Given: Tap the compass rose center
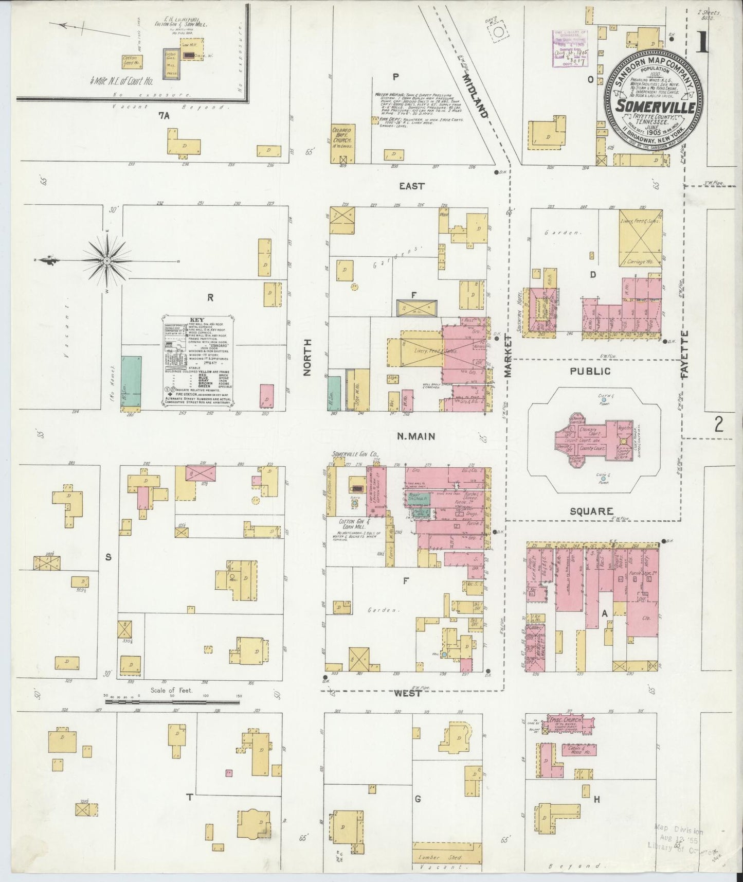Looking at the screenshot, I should (106, 261).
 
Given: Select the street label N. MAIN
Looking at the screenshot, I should (416, 436).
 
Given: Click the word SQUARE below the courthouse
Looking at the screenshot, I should (591, 511).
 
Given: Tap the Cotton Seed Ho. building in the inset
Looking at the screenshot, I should (132, 62).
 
